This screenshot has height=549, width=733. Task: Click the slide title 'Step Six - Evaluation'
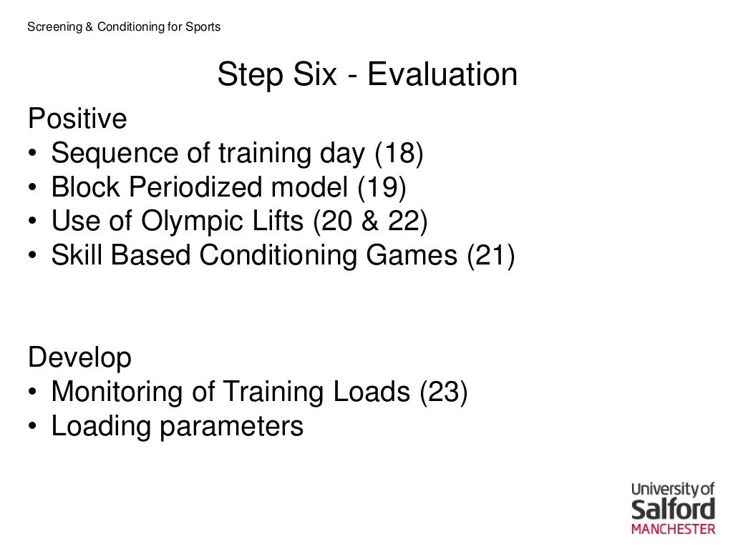click(x=367, y=75)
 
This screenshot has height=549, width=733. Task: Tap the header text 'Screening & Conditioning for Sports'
click(x=123, y=27)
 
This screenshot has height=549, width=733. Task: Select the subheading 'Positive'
click(x=77, y=119)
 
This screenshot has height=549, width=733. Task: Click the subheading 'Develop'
click(x=79, y=357)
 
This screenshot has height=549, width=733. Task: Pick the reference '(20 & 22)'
click(x=369, y=222)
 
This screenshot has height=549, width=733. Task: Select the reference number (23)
click(x=443, y=392)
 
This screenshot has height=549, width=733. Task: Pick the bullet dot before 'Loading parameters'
click(x=34, y=427)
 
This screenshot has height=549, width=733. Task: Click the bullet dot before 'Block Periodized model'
click(x=34, y=189)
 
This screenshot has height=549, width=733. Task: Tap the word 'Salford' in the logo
click(x=673, y=510)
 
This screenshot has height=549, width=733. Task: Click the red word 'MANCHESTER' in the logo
click(x=673, y=530)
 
